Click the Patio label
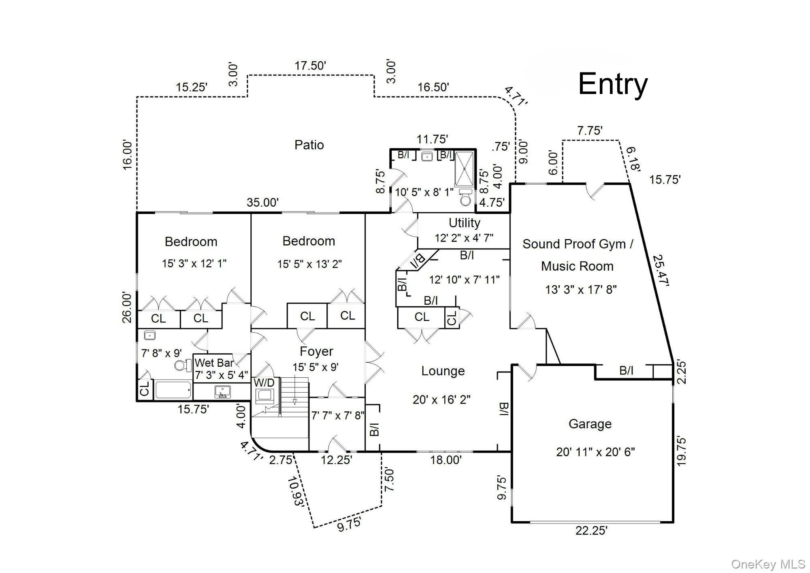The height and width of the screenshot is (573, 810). [x=309, y=145]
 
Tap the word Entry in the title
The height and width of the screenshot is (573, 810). [x=612, y=84]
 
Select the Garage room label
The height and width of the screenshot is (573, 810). [x=590, y=424]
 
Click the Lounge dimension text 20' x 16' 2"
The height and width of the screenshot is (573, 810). [x=441, y=400]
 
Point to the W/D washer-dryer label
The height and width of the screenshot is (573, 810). [x=264, y=383]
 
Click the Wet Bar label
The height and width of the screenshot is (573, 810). [x=214, y=362]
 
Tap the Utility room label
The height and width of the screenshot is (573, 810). [x=464, y=223]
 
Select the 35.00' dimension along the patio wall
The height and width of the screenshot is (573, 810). [x=263, y=202]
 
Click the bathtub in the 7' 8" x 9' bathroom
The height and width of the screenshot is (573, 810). [x=173, y=390]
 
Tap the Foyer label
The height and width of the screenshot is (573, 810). [x=316, y=351]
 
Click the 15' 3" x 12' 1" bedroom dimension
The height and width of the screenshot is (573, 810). [x=194, y=263]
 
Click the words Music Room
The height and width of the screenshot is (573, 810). [x=577, y=266]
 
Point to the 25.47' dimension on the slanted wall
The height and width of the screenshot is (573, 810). [x=661, y=270]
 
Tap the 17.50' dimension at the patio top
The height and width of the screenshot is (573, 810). [x=310, y=66]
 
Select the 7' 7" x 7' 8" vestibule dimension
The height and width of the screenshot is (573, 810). [x=338, y=415]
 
